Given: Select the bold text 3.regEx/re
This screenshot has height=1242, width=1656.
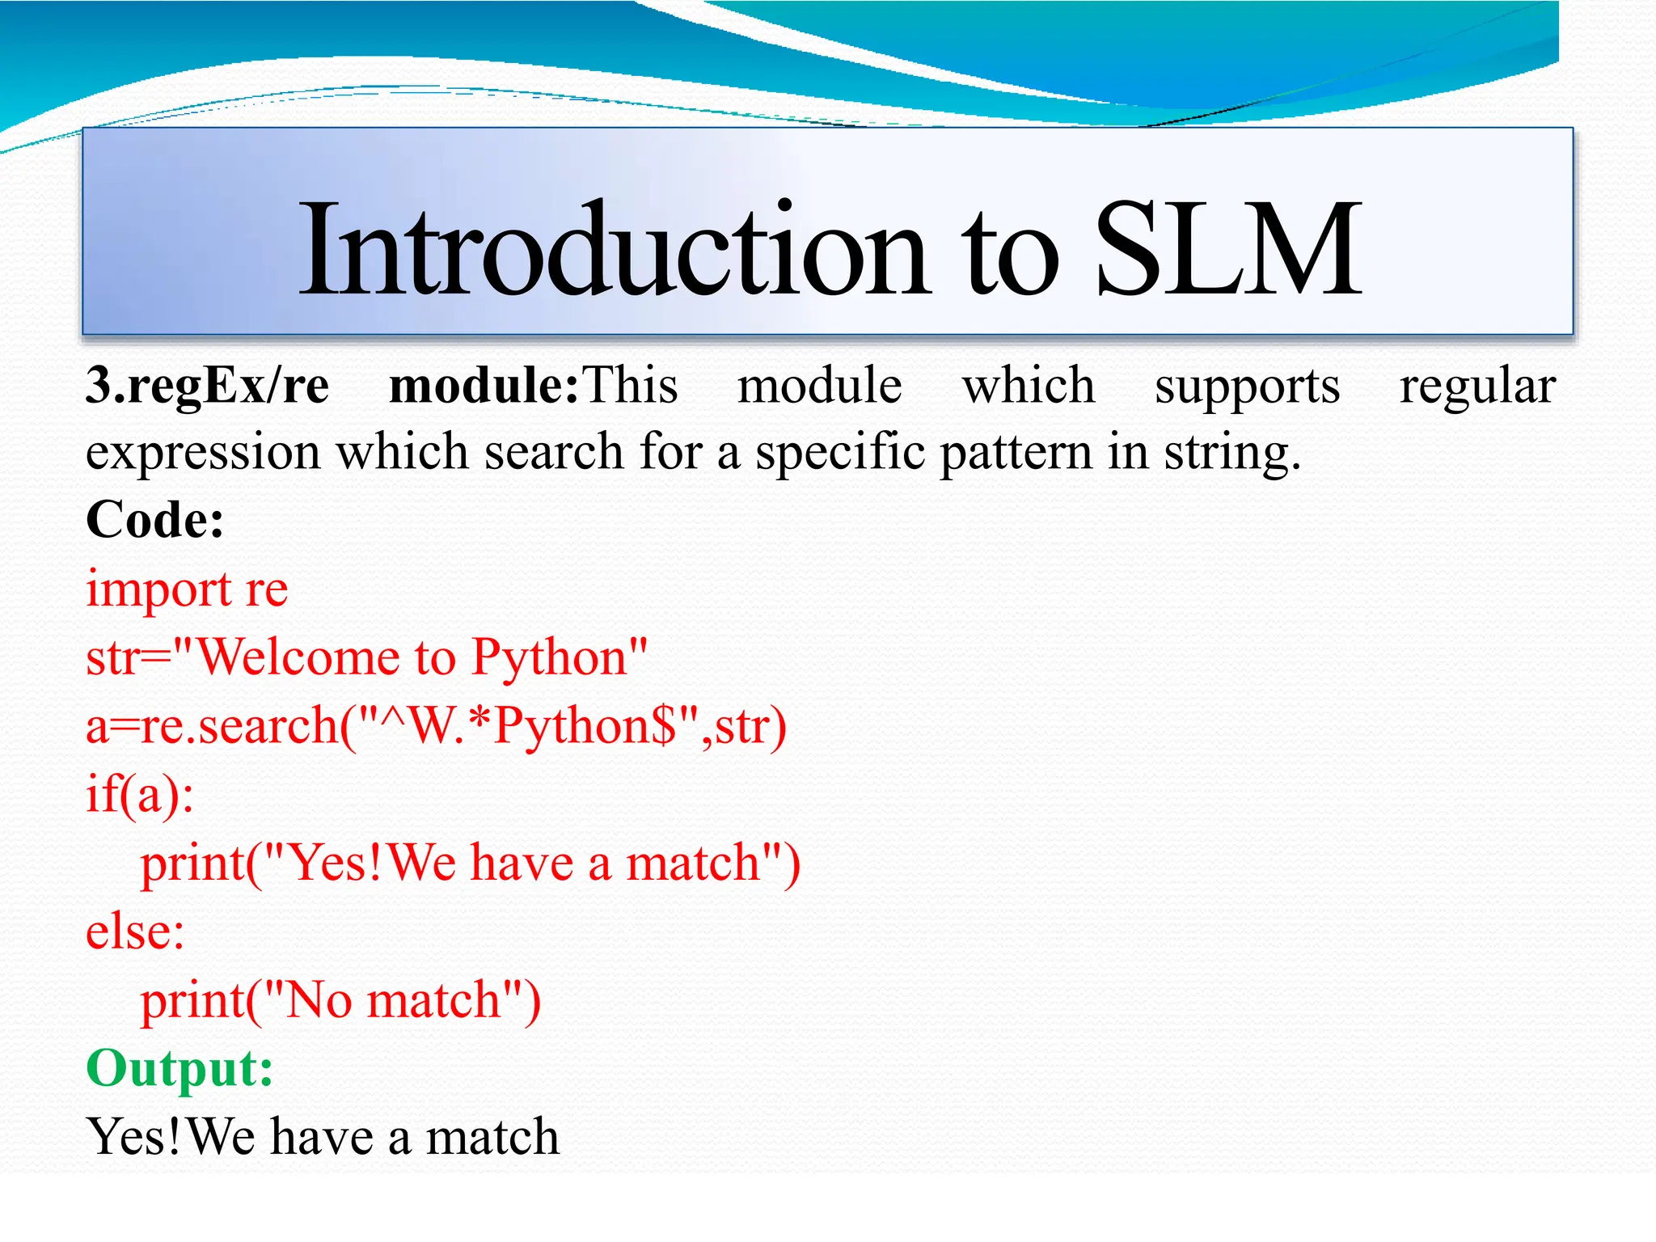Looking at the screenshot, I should [207, 386].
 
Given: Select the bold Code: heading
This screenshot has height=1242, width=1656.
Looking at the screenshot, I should [154, 519].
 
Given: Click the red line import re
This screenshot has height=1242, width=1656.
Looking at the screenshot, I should [187, 589].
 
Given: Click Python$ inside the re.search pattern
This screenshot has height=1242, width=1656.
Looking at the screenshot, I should [584, 726].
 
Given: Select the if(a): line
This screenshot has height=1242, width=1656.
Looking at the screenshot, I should [140, 794].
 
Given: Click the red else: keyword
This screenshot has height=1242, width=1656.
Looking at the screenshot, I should [135, 931].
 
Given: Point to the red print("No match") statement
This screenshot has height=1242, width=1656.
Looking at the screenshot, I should [340, 1001].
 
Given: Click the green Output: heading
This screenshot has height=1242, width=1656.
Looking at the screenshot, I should [180, 1069].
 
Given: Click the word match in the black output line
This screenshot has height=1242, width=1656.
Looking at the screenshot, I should [492, 1137].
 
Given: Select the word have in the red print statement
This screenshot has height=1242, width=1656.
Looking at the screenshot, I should [523, 864].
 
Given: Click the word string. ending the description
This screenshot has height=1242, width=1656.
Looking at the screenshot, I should [1231, 453].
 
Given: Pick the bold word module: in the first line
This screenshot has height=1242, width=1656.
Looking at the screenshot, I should [484, 386].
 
